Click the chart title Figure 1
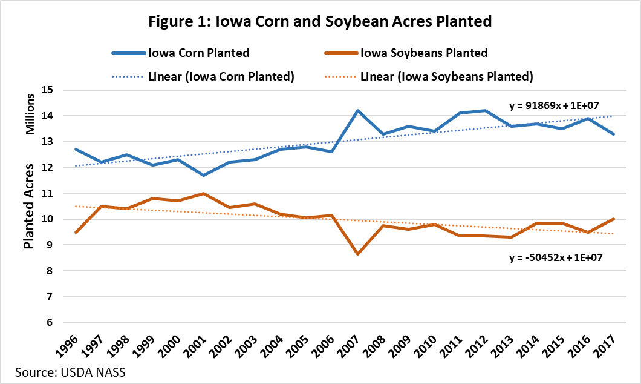click(x=320, y=21)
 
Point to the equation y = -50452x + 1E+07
click(x=555, y=257)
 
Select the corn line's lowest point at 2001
click(x=204, y=175)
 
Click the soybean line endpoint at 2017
click(x=614, y=219)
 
